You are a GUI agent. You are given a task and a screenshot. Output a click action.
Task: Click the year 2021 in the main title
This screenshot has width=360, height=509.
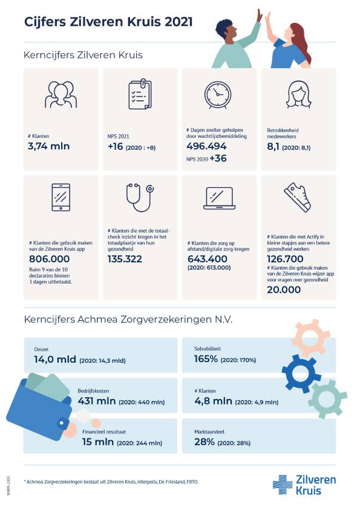click(x=178, y=22)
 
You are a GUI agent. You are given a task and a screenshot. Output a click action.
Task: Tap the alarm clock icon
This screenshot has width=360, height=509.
click(x=217, y=95)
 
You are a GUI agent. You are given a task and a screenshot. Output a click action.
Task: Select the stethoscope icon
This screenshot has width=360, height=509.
click(x=140, y=197)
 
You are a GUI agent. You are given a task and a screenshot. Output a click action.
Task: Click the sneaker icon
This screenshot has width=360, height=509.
click(x=298, y=196)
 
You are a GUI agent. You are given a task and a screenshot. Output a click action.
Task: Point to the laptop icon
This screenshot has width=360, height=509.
click(x=219, y=198)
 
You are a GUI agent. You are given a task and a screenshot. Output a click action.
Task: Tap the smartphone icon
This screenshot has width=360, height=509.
click(x=61, y=197)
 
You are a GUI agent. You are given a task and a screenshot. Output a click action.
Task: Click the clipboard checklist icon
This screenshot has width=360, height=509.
click(x=140, y=94)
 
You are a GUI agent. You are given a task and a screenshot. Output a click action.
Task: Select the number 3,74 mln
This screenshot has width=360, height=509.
click(x=49, y=146)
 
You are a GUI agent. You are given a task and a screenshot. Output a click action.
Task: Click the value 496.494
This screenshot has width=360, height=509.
click(x=206, y=146)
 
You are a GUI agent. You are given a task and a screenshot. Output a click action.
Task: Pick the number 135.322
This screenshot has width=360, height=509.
click(x=125, y=259)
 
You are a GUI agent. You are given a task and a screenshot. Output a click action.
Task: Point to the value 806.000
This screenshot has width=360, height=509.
click(x=50, y=259)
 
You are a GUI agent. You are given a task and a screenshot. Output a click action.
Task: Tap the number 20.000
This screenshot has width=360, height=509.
click(x=284, y=290)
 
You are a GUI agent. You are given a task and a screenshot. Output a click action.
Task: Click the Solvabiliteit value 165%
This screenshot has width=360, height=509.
click(x=206, y=358)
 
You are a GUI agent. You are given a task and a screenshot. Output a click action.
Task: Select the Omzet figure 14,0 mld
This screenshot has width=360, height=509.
click(x=55, y=359)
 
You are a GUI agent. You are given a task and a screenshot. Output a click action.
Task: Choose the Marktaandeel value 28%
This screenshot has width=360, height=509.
click(x=205, y=442)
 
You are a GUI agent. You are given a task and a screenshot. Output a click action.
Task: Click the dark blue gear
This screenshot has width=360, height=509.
click(x=301, y=374)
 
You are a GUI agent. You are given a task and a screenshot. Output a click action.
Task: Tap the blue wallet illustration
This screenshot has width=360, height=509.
click(x=41, y=406)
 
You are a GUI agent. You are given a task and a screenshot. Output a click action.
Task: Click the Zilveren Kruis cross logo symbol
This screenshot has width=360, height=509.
click(x=283, y=484)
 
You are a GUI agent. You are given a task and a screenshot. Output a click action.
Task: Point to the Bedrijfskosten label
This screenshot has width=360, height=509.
click(x=93, y=391)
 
